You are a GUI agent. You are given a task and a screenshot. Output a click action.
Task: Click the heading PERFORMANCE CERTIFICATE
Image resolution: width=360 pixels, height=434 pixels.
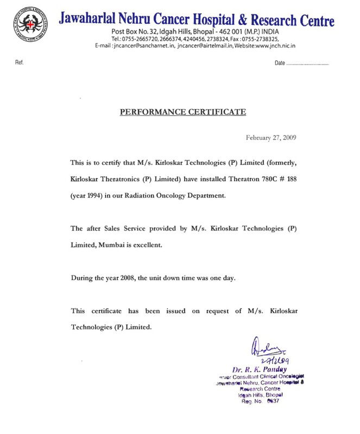click(182, 112)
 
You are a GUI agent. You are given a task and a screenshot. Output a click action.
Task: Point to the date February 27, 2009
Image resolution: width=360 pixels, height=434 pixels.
click(271, 137)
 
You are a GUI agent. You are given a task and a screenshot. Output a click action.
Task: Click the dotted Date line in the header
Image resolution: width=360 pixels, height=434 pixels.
click(307, 64)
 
